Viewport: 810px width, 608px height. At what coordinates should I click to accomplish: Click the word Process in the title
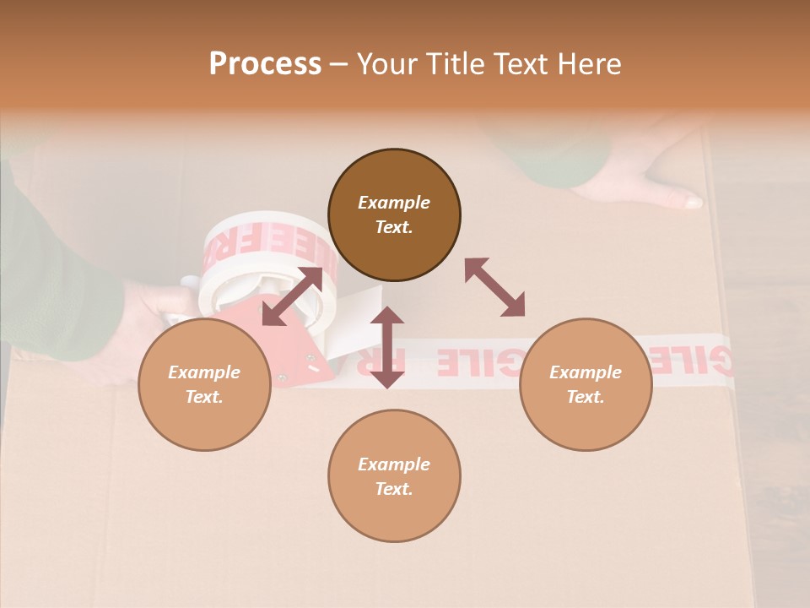[x=265, y=64]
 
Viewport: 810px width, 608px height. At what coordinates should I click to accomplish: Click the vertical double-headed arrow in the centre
[x=387, y=347]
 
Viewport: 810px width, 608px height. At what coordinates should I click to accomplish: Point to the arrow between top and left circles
[x=292, y=296]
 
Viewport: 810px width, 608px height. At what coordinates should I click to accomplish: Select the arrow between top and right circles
[x=494, y=287]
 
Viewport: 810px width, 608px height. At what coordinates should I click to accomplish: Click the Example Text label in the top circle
[x=394, y=214]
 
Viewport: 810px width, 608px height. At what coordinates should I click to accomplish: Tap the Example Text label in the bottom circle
[x=394, y=476]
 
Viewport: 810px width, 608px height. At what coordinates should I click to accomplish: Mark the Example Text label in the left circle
[x=204, y=384]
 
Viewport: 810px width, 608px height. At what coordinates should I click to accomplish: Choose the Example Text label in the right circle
[x=586, y=384]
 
